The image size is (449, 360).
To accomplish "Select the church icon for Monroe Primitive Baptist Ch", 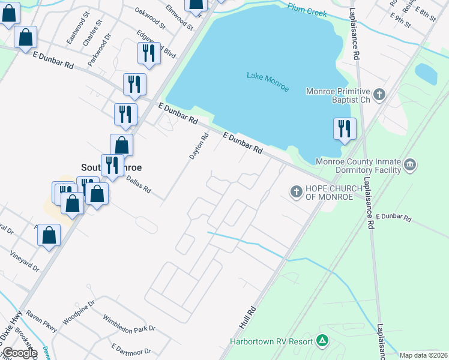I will [x=379, y=94].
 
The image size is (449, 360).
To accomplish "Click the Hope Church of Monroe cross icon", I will [x=296, y=192].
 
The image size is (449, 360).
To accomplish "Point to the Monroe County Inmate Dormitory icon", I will [x=410, y=165].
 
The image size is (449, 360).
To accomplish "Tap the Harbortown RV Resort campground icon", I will [x=322, y=341].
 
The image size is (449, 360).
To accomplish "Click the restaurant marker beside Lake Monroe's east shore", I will [x=345, y=130].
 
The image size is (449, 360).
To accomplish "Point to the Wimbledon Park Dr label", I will [x=128, y=323].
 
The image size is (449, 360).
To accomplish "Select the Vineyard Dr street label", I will [x=24, y=262].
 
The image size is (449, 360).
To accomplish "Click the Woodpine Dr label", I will [x=79, y=312].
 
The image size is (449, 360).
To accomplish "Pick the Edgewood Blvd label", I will [x=156, y=44].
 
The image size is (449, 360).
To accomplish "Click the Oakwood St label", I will [x=150, y=19].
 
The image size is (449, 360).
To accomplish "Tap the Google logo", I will [x=20, y=353].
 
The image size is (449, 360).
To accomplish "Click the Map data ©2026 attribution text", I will [x=424, y=355].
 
